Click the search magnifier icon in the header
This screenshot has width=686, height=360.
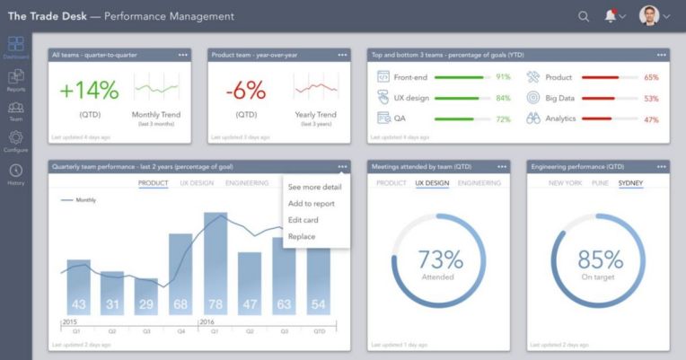click(584, 16)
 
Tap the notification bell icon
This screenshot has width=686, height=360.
click(611, 16)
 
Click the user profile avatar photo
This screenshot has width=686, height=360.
click(648, 16)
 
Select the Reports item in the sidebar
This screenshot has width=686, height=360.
click(15, 80)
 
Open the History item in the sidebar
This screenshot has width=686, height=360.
click(15, 174)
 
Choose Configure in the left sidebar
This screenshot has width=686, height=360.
click(15, 141)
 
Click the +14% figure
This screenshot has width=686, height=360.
click(89, 91)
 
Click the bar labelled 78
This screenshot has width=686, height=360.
click(215, 260)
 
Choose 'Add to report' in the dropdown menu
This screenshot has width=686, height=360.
click(312, 204)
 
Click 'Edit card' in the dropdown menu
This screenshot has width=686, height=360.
click(305, 220)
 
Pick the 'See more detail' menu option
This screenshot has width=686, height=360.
click(314, 188)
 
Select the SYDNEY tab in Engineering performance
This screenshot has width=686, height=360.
click(630, 183)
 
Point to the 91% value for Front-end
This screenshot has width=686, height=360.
click(503, 77)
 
